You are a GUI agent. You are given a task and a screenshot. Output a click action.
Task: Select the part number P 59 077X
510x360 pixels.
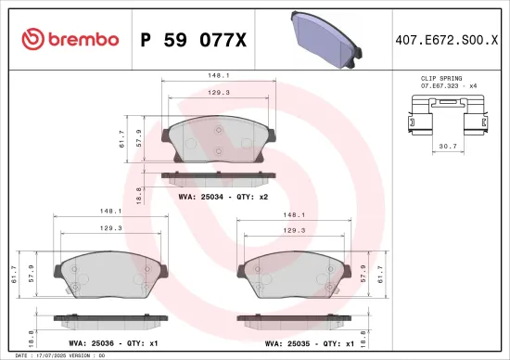click(x=192, y=39)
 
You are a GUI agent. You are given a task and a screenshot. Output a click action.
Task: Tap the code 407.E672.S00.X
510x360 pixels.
click(x=452, y=39)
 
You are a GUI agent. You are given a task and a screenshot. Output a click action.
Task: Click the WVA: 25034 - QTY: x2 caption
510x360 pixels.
click(x=218, y=197)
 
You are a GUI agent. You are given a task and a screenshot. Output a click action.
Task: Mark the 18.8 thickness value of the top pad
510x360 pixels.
click(x=139, y=194)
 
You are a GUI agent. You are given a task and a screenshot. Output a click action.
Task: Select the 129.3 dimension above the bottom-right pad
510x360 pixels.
click(x=296, y=228)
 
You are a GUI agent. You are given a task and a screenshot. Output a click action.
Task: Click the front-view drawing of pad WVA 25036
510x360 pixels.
click(x=111, y=275)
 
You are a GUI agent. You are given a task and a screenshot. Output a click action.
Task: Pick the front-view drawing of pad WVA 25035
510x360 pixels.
click(x=296, y=275)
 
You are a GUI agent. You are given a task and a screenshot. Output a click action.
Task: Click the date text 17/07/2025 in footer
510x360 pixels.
click(x=49, y=355)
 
